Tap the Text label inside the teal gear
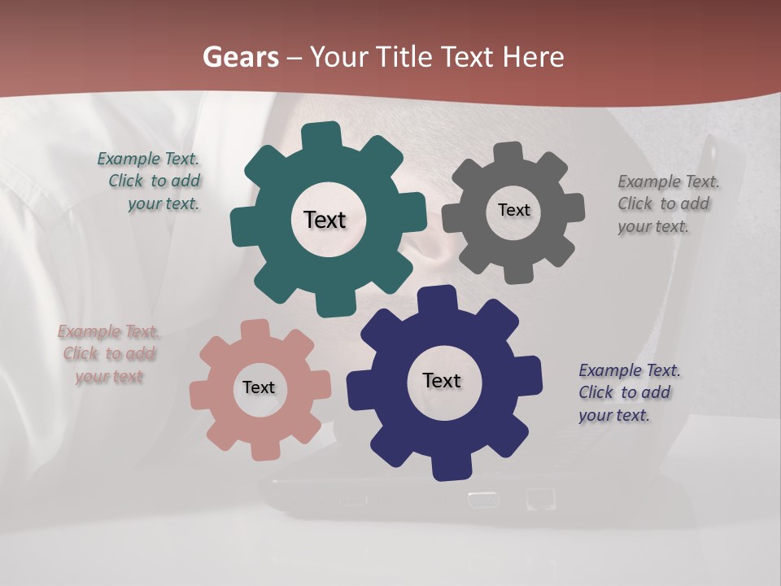[x=325, y=220]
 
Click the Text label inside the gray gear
[x=513, y=210]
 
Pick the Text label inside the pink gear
[x=259, y=387]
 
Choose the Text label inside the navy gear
[x=442, y=380]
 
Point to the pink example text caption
[x=109, y=354]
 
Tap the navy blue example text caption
[x=628, y=392]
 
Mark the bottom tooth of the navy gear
[x=450, y=467]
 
